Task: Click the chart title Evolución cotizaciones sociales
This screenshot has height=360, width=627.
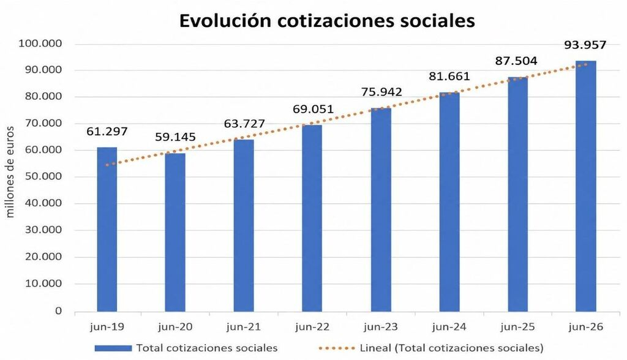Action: pos(327,21)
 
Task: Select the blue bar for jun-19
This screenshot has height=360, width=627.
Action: pos(107,229)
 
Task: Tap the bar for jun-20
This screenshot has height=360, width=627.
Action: pos(175,232)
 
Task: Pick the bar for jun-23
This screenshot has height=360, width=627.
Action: pos(381,209)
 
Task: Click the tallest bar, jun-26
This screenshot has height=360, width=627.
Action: pos(586,186)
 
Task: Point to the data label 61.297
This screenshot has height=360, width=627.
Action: pos(107,131)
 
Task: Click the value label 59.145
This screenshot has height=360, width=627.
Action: pos(175,137)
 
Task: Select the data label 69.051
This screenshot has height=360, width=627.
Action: pos(313,109)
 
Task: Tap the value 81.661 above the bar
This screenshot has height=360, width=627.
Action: pos(449,76)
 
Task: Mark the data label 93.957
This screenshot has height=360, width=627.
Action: pos(585,45)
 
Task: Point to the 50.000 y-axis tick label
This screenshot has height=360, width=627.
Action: pos(43,176)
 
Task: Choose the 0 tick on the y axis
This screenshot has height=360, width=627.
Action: pos(59,311)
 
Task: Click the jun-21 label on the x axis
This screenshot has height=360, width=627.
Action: pos(244,327)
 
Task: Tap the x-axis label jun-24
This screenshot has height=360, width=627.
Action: pos(449,327)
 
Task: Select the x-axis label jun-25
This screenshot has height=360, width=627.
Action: pos(517,327)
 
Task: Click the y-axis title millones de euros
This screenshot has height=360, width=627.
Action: pos(10,172)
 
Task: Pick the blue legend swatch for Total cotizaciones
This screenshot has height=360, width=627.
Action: pos(113,348)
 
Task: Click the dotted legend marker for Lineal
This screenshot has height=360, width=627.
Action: pos(337,348)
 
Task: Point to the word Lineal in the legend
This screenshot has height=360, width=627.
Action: pos(375,348)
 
